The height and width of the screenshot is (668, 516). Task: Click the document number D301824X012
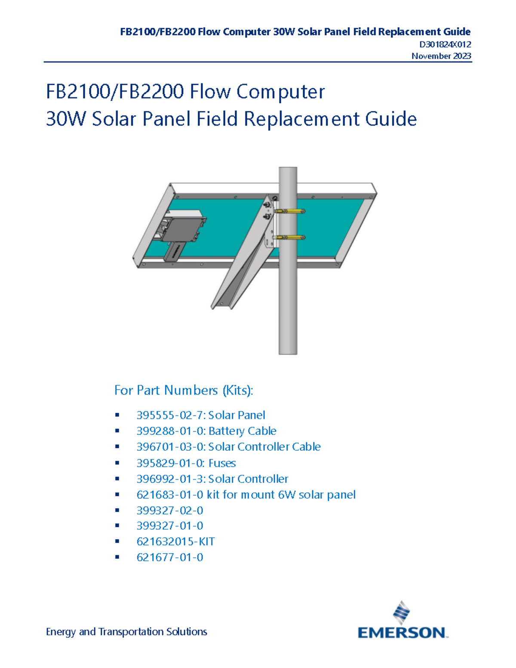(x=445, y=44)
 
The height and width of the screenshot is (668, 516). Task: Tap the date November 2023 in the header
(x=441, y=56)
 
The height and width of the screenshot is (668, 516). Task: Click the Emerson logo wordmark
(x=402, y=632)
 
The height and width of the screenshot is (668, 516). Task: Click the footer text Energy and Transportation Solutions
(x=126, y=631)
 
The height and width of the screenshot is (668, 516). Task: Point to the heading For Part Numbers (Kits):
(x=184, y=390)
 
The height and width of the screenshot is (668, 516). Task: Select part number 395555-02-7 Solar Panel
(x=200, y=415)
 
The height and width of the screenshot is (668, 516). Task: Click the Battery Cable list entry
(x=206, y=431)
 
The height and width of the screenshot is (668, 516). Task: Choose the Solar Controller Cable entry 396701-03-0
(x=228, y=447)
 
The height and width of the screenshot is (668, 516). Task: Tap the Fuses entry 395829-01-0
(x=186, y=463)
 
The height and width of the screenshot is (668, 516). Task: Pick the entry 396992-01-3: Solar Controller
(x=212, y=479)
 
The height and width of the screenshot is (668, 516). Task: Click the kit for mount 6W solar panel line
(x=246, y=495)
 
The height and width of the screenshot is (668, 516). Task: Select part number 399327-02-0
(x=169, y=511)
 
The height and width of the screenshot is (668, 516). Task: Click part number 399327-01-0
(x=169, y=526)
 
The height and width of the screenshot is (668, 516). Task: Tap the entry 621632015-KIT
(x=175, y=542)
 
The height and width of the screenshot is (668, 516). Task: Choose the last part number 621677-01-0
(x=169, y=557)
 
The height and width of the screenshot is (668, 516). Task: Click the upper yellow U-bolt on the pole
(x=289, y=211)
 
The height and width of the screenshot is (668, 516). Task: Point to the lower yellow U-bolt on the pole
(x=289, y=237)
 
